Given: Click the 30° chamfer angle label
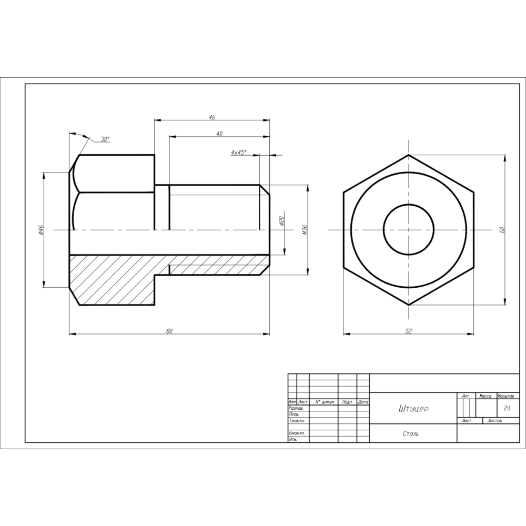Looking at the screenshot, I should pyautogui.click(x=105, y=139).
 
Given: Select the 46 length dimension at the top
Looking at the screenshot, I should pyautogui.click(x=212, y=118).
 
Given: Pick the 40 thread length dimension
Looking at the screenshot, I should pyautogui.click(x=219, y=134).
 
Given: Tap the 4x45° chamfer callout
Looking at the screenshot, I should pyautogui.click(x=239, y=152).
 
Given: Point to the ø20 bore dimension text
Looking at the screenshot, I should pyautogui.click(x=282, y=220).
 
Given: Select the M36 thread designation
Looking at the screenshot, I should pyautogui.click(x=305, y=229).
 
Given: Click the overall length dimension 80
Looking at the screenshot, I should pyautogui.click(x=169, y=331).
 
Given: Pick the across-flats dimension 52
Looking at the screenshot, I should pyautogui.click(x=408, y=331).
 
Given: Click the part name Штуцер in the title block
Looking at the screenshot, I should pyautogui.click(x=414, y=409).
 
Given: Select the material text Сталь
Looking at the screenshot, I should pyautogui.click(x=411, y=434).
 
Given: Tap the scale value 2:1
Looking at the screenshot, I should pyautogui.click(x=508, y=408).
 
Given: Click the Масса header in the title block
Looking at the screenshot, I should pyautogui.click(x=484, y=395).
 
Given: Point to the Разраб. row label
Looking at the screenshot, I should pyautogui.click(x=296, y=408).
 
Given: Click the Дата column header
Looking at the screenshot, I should pyautogui.click(x=363, y=402).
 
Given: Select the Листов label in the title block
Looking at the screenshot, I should pyautogui.click(x=495, y=421).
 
